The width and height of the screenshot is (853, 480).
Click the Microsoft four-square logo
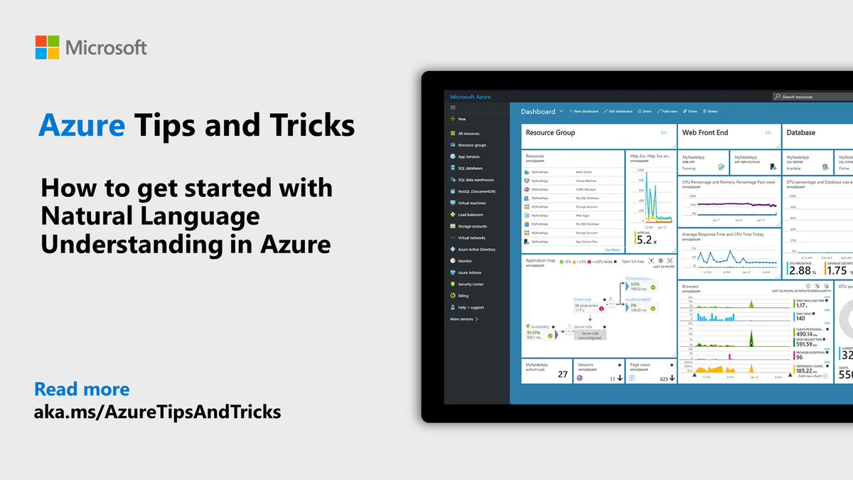click(x=48, y=48)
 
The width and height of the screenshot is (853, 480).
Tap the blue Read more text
click(x=82, y=389)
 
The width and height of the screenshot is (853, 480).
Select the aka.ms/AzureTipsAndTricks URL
click(x=157, y=412)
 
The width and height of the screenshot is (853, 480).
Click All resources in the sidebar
click(x=468, y=133)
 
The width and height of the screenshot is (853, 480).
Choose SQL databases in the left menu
click(x=470, y=168)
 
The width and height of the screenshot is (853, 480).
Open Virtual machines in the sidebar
click(x=471, y=203)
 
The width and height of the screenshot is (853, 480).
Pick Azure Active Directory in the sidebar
click(x=476, y=250)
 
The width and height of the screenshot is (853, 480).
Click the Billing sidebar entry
click(x=463, y=296)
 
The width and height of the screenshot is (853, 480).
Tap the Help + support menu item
click(x=471, y=307)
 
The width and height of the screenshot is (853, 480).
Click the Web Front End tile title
click(x=705, y=132)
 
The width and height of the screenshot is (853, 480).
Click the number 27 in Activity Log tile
click(x=562, y=374)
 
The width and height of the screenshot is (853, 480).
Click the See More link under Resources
click(x=612, y=250)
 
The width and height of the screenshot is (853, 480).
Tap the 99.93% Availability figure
click(x=533, y=332)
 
